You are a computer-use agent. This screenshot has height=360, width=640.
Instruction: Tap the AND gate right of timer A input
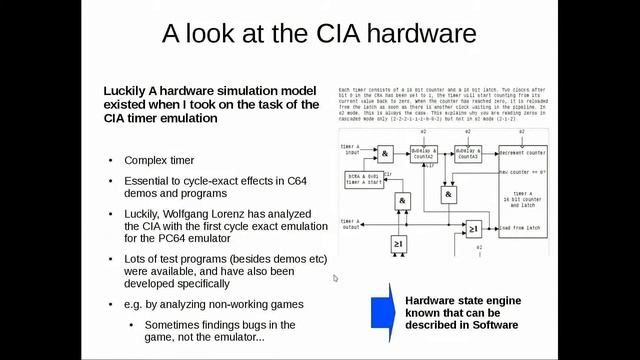pyautogui.click(x=385, y=152)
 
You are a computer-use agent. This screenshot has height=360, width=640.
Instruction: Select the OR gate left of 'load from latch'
pyautogui.click(x=473, y=229)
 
